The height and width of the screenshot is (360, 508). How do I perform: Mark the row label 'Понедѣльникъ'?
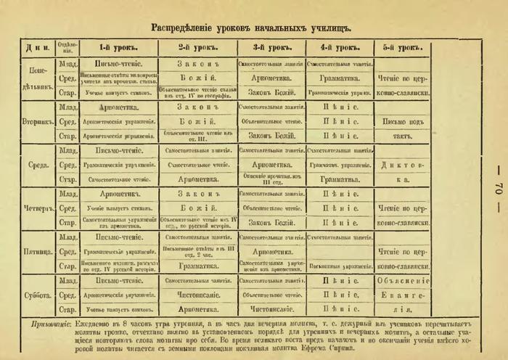36,77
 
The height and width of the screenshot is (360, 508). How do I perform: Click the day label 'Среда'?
36,165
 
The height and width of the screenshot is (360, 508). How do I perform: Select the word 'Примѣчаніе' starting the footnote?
53,322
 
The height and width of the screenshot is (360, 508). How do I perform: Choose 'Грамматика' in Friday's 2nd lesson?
197,266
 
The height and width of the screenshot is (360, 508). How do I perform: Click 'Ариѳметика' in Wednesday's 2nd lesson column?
197,179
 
